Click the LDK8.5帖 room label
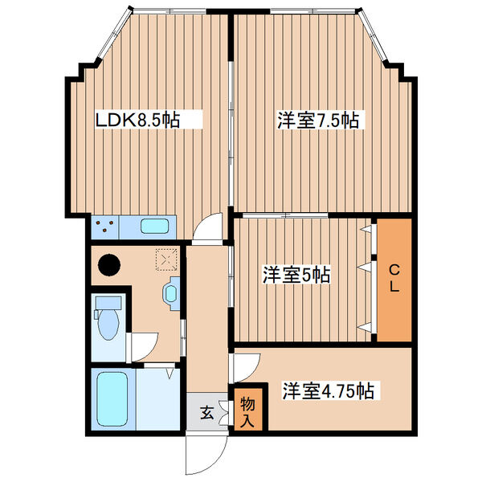[x=137, y=120]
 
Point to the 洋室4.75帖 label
[x=327, y=391]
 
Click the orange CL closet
[x=394, y=278]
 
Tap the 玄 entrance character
[x=206, y=413]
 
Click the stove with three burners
[x=104, y=227]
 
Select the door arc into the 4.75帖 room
[x=245, y=366]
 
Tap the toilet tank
[x=107, y=304]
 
